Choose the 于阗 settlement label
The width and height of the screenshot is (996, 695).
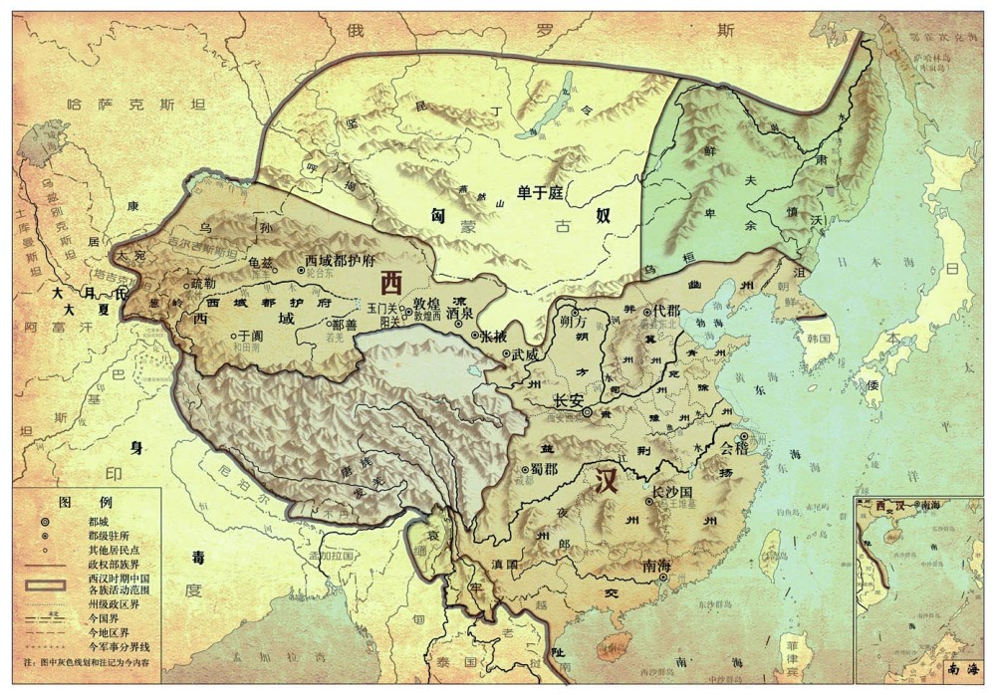(x=249, y=337)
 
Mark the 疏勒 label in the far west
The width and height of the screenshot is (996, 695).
(x=201, y=283)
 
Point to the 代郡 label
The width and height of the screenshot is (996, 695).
(x=664, y=312)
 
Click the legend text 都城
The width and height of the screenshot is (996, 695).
(x=99, y=521)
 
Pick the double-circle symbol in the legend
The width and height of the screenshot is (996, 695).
(x=45, y=521)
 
